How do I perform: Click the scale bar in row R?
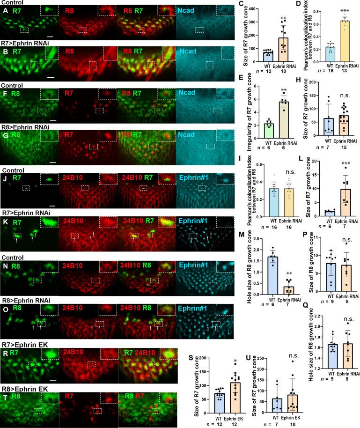(54, 374)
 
